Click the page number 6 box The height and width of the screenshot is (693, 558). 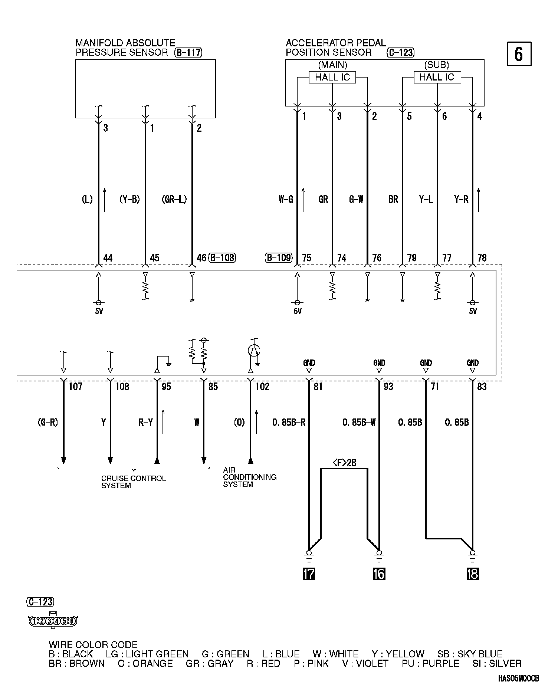click(x=519, y=54)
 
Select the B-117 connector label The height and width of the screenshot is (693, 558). click(x=188, y=53)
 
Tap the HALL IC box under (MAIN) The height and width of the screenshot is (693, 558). click(x=332, y=77)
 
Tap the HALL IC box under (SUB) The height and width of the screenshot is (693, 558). click(x=437, y=77)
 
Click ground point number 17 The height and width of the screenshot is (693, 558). click(x=309, y=574)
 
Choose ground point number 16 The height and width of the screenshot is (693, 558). click(x=379, y=574)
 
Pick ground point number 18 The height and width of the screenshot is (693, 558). click(x=472, y=574)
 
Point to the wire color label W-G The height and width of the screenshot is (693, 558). click(x=286, y=200)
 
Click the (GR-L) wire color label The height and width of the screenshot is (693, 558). click(x=174, y=200)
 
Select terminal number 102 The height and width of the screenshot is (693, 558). click(x=262, y=387)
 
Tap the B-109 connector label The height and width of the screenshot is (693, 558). click(x=279, y=257)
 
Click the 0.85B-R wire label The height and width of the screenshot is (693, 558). click(x=289, y=422)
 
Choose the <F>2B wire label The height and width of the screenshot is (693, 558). click(x=344, y=463)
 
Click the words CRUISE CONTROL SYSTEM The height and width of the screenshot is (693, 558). click(x=133, y=482)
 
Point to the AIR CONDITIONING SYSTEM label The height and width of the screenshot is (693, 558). click(x=249, y=477)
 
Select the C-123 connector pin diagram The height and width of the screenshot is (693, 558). click(x=52, y=621)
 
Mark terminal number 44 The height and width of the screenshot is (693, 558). click(x=108, y=258)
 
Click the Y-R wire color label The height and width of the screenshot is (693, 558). click(x=461, y=200)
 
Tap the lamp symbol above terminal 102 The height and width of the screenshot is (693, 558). click(x=254, y=351)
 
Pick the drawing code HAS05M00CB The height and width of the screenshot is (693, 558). click(x=518, y=679)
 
